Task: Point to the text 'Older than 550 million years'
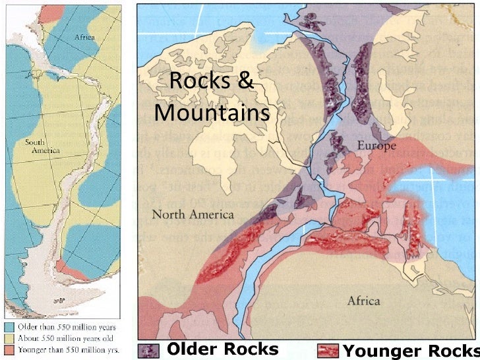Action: (61, 326)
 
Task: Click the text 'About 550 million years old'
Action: (61, 336)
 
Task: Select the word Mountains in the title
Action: (212, 113)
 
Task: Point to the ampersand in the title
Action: (244, 82)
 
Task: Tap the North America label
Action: (193, 214)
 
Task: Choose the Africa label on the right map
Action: (363, 301)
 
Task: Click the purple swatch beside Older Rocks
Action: (150, 349)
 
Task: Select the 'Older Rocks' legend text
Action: (222, 349)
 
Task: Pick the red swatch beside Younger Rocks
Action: (328, 349)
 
